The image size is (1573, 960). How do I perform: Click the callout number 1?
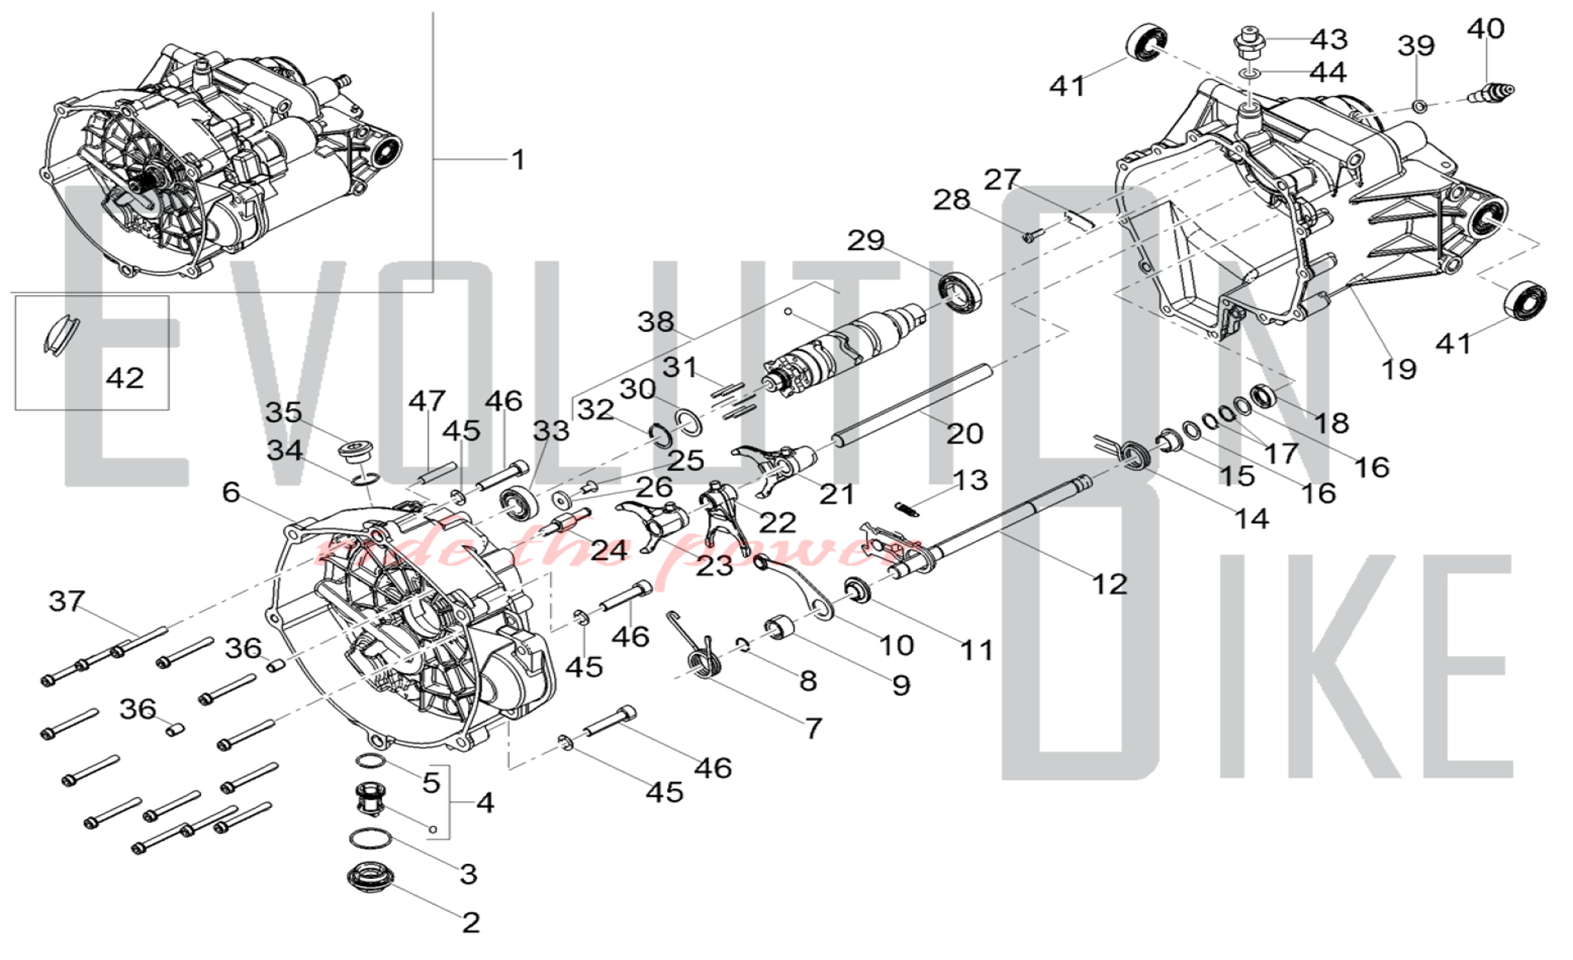pos(518,160)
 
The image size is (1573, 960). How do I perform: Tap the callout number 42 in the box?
pos(125,378)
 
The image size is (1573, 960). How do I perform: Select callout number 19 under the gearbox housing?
pos(1398,368)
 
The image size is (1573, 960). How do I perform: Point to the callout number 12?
pos(1109,584)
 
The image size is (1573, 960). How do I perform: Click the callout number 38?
pos(656,321)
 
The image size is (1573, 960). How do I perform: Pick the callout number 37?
pos(67,601)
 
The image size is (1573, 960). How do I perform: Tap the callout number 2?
pos(471,922)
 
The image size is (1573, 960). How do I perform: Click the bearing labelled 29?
pos(961,289)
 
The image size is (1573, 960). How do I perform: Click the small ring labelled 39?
pos(1419,105)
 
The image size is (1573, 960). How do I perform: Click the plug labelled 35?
pos(355,452)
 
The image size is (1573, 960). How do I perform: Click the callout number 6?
pos(230,493)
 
